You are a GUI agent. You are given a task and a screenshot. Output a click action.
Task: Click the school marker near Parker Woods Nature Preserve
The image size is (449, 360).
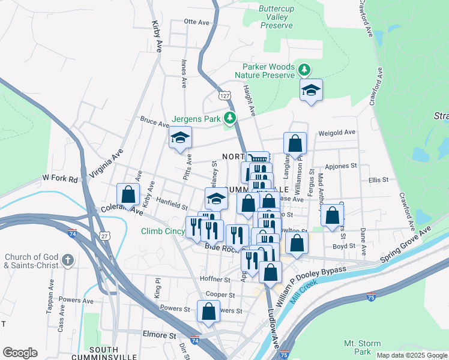311,91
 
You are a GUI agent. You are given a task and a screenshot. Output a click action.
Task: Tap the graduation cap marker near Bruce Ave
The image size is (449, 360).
180,138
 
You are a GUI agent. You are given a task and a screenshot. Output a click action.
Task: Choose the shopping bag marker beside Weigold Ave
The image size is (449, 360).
295,144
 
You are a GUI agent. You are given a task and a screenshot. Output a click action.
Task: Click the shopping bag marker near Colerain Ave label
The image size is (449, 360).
128,194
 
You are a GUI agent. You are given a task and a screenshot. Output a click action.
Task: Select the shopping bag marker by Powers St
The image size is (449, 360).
208,311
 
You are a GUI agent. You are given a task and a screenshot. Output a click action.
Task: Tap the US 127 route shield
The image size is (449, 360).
224,96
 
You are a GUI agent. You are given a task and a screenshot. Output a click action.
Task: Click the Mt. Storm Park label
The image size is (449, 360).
362,347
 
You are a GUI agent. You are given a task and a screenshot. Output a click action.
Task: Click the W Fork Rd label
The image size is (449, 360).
60,179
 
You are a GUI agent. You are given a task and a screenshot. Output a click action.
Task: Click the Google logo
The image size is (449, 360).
20,353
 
